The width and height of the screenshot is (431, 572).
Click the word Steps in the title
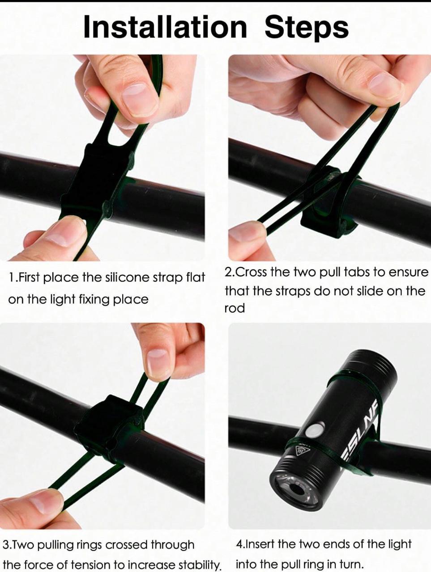click(x=307, y=29)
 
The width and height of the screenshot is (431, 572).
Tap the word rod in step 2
click(x=235, y=308)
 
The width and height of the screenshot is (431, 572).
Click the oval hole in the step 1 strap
click(x=123, y=126)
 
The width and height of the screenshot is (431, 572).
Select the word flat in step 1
click(x=196, y=278)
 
